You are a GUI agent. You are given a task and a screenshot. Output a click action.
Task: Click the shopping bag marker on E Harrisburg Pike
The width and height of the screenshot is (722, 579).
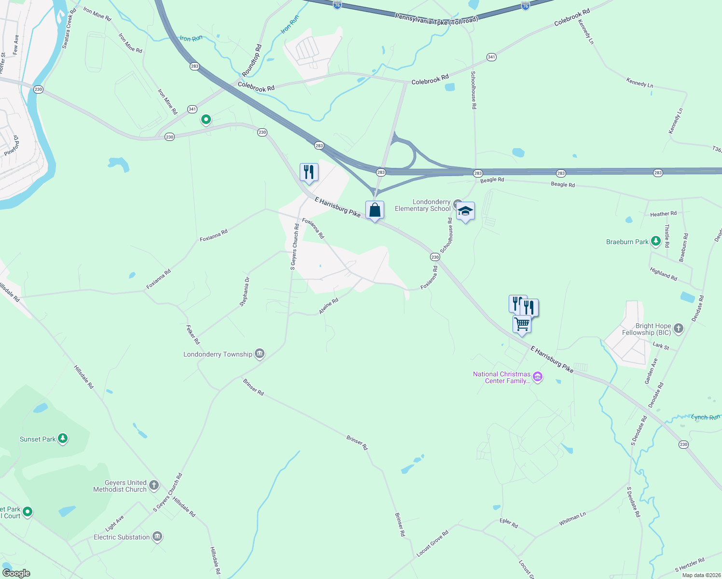(375, 210)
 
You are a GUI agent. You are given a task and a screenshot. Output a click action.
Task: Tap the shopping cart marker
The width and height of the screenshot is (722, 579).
(522, 324)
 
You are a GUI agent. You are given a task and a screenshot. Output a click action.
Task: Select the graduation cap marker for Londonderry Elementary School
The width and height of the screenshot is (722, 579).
(465, 211)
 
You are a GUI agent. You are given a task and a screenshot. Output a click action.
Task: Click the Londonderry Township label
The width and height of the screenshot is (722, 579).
(218, 354)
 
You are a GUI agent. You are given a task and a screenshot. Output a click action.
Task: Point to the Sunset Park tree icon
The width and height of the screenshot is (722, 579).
(63, 439)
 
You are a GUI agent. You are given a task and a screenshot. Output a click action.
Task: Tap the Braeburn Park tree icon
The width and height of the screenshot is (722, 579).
(655, 241)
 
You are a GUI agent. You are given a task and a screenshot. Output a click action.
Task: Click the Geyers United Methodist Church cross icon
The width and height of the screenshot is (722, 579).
(154, 485)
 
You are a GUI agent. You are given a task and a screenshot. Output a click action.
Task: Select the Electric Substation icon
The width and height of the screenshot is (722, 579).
(157, 537)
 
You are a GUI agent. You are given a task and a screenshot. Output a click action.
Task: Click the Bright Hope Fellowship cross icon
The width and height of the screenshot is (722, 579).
(679, 329)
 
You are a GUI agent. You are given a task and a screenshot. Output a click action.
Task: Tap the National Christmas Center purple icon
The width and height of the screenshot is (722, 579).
(538, 377)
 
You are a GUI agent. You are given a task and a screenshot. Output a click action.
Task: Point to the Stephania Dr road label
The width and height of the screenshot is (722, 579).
(245, 291)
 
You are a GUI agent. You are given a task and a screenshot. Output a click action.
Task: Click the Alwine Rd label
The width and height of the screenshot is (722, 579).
(328, 306)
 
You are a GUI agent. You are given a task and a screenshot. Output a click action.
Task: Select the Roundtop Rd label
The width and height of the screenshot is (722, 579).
(251, 60)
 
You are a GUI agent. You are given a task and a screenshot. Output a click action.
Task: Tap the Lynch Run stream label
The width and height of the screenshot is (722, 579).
(705, 417)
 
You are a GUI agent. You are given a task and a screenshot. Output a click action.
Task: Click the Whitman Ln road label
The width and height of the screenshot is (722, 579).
(572, 519)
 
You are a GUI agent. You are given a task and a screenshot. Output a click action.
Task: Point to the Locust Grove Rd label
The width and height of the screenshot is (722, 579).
(432, 543)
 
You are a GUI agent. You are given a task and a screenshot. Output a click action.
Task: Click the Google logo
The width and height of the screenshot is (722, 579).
(16, 573)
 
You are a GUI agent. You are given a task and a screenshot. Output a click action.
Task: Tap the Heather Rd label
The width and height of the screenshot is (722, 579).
(663, 214)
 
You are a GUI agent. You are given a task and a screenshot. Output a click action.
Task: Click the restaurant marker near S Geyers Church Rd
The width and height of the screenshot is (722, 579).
(309, 172)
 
